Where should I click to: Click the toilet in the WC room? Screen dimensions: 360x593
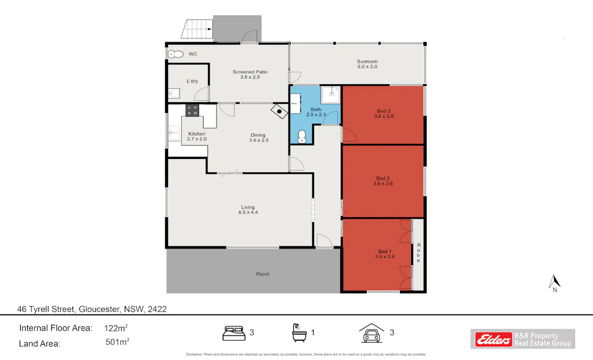[175, 54]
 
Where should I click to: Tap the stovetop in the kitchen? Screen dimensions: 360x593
[192, 110]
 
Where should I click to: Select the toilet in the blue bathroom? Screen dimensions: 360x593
[302, 137]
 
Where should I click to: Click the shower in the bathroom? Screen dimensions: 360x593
[331, 94]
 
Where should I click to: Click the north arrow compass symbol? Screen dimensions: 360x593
[555, 283]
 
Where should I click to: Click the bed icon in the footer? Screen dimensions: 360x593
[234, 333]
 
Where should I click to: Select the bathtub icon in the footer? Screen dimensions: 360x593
[299, 333]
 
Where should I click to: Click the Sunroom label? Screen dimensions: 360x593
[367, 61]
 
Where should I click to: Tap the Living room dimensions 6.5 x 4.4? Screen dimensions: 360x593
[248, 213]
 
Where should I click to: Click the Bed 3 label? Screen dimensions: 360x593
[384, 111]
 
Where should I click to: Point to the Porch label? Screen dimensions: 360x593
[262, 274]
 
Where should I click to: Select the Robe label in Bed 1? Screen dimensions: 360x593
[419, 252]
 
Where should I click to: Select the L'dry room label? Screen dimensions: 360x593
[192, 81]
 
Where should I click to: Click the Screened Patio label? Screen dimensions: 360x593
[250, 72]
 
